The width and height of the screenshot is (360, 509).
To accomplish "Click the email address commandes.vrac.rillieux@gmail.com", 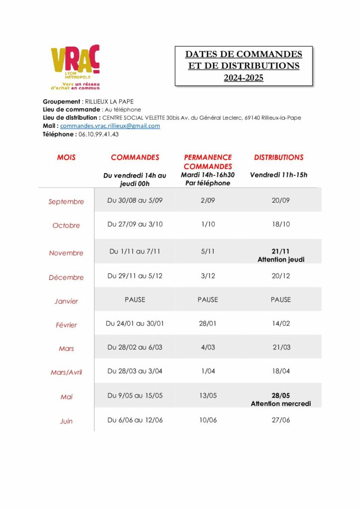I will [x=110, y=126].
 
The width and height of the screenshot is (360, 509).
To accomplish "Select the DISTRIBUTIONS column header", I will [x=278, y=158].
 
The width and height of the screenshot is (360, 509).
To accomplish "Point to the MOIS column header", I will [x=66, y=158].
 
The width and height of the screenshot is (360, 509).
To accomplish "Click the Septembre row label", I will [x=66, y=202].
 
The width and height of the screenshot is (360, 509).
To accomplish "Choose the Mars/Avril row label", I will [x=66, y=372].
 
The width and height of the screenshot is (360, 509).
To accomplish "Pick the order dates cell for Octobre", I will [x=135, y=224].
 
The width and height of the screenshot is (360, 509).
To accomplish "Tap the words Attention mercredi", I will [x=281, y=404].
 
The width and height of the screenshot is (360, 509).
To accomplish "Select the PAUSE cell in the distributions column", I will [x=281, y=300].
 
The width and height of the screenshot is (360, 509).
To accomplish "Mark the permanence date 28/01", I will [x=208, y=324].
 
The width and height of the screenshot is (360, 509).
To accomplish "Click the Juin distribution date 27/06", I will [x=281, y=420].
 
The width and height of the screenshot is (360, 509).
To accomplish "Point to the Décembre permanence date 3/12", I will [x=208, y=276].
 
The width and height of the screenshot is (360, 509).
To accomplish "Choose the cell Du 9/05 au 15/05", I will [x=135, y=396].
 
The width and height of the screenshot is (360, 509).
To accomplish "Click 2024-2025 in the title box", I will [x=243, y=78].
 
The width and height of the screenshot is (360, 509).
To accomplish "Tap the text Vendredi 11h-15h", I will [x=278, y=175].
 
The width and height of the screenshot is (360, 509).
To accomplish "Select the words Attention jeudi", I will [x=281, y=259].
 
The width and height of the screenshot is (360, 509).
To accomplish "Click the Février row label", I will [x=66, y=325].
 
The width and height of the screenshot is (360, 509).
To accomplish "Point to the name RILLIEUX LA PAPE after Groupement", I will [x=109, y=102].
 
